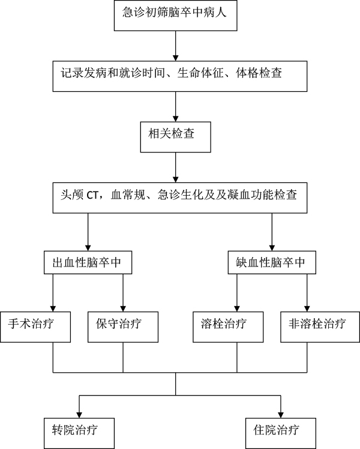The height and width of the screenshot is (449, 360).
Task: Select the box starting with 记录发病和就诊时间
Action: tap(175, 76)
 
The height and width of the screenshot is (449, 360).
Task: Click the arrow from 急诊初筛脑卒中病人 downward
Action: tap(175, 46)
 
